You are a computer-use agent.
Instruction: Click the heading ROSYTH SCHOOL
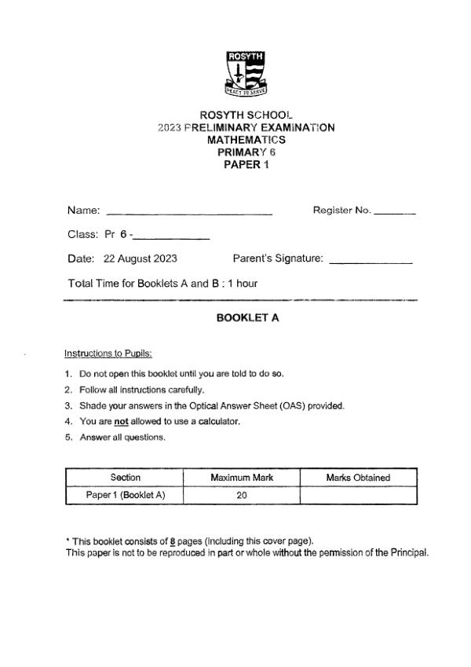(x=246, y=115)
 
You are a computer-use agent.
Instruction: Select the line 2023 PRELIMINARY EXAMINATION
(x=246, y=127)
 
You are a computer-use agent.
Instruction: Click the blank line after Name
(x=188, y=213)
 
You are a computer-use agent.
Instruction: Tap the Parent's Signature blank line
(x=371, y=262)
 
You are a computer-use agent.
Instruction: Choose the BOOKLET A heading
(x=247, y=318)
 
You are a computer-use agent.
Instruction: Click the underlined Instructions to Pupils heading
(x=108, y=354)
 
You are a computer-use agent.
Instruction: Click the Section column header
(x=125, y=478)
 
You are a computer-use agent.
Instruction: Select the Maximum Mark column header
(x=241, y=478)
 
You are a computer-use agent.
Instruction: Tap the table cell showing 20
(x=241, y=495)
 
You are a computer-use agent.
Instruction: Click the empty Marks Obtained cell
(x=358, y=495)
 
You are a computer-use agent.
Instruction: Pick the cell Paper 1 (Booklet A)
(x=125, y=495)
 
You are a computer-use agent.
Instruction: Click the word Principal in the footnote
(x=409, y=552)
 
